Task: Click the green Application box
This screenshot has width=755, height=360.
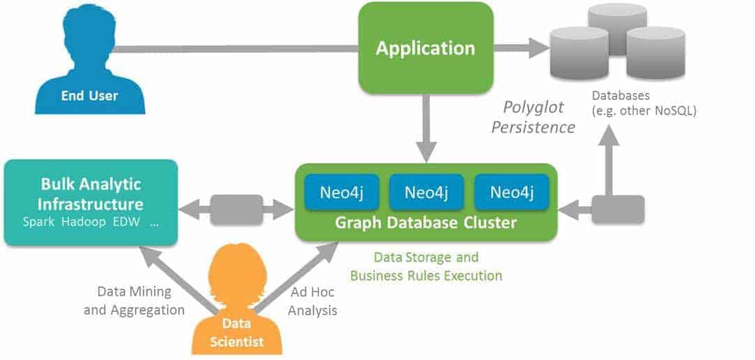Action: pyautogui.click(x=426, y=48)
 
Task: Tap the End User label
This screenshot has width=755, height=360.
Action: pyautogui.click(x=89, y=95)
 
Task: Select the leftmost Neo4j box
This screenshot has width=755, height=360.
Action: pyautogui.click(x=342, y=192)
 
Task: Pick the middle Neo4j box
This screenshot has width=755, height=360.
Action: pyautogui.click(x=426, y=192)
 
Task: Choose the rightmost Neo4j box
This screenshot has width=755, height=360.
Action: pyautogui.click(x=512, y=192)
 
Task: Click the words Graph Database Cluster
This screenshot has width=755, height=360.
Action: pyautogui.click(x=426, y=223)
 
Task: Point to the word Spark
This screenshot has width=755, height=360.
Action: pyautogui.click(x=39, y=223)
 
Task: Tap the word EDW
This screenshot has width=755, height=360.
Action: pyautogui.click(x=126, y=223)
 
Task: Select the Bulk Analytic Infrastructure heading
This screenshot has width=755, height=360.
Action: pyautogui.click(x=90, y=194)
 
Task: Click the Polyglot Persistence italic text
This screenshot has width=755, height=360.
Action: pyautogui.click(x=533, y=117)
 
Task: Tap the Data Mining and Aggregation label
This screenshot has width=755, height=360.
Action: pyautogui.click(x=134, y=301)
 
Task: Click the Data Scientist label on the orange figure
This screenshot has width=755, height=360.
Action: pyautogui.click(x=236, y=333)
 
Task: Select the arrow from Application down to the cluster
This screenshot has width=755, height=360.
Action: pyautogui.click(x=426, y=129)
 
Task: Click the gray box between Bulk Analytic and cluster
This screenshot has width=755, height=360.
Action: pyautogui.click(x=236, y=210)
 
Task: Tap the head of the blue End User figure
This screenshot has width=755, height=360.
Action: pyautogui.click(x=89, y=34)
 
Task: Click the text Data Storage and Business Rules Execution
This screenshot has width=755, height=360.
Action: pyautogui.click(x=426, y=266)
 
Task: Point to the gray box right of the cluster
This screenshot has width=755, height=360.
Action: pyautogui.click(x=618, y=209)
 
